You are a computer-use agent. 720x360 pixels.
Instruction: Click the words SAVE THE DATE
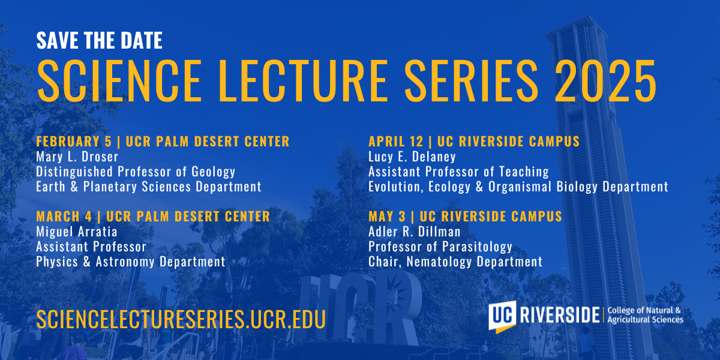pyautogui.click(x=100, y=41)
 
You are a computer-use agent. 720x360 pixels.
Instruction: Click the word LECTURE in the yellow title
pyautogui.click(x=304, y=80)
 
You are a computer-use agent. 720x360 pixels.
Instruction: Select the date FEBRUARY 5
pyautogui.click(x=74, y=142)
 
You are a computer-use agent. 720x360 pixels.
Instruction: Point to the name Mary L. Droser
pyautogui.click(x=77, y=157)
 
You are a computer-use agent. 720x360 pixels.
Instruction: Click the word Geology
pyautogui.click(x=214, y=172)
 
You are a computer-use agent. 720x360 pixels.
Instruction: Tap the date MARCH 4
pyautogui.click(x=64, y=217)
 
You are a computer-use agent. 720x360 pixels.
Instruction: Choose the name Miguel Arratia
pyautogui.click(x=77, y=232)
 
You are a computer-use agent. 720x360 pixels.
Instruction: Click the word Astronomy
pyautogui.click(x=125, y=262)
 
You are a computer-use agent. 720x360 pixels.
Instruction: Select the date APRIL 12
pyautogui.click(x=396, y=142)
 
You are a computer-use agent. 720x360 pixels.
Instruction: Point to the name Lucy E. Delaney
pyautogui.click(x=412, y=157)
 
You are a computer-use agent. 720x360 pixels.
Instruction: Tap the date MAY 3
pyautogui.click(x=387, y=217)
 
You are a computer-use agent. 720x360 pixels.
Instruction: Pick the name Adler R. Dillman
pyautogui.click(x=415, y=232)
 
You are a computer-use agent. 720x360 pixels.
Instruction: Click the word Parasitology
pyautogui.click(x=477, y=247)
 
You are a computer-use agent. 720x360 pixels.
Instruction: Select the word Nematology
pyautogui.click(x=439, y=262)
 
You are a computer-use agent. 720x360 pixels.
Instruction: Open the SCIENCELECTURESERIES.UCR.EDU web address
pyautogui.click(x=181, y=319)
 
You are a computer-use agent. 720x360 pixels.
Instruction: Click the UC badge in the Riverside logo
pyautogui.click(x=502, y=316)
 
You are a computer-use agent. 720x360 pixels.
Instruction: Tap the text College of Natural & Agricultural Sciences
pyautogui.click(x=645, y=315)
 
